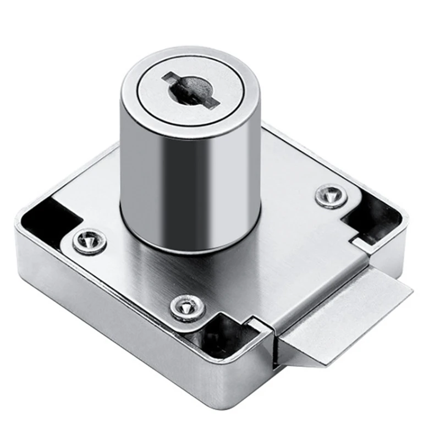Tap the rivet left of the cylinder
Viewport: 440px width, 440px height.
coord(90,241)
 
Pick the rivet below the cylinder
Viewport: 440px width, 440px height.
coord(187,307)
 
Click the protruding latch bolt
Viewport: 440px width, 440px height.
coord(341,319)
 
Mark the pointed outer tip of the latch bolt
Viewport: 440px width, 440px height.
coord(410,290)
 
